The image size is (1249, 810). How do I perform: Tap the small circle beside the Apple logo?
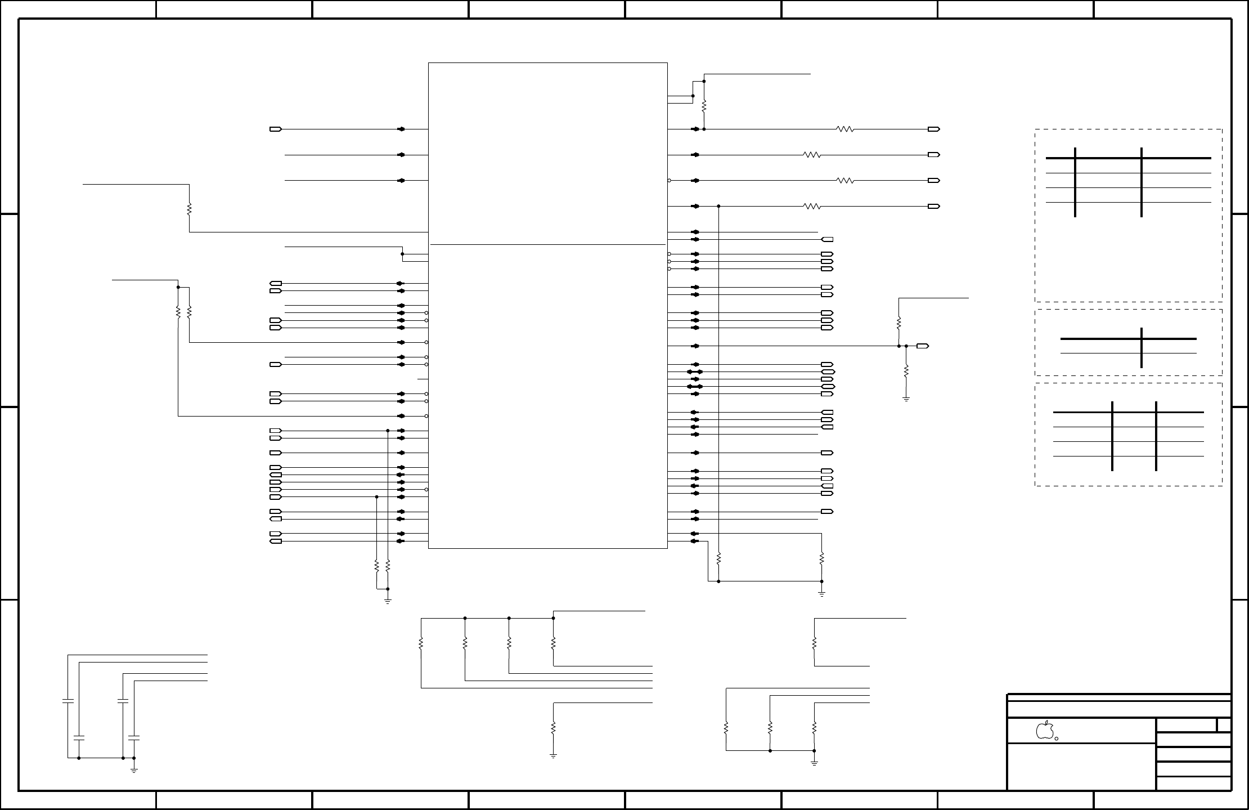point(1057,739)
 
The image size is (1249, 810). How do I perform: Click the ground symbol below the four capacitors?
point(134,769)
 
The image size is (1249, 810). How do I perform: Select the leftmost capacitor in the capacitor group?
point(68,701)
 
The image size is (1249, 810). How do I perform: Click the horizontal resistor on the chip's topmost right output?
point(846,129)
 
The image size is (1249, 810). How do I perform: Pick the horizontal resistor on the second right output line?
point(812,155)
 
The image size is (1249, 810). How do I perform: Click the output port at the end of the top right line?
point(933,129)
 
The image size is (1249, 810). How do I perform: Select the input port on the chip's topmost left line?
point(276,129)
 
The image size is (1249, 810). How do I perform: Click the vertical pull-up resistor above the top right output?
point(704,105)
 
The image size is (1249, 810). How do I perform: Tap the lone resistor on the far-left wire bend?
point(189,209)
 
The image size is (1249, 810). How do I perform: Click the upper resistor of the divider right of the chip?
point(899,324)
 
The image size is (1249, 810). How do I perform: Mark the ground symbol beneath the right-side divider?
point(906,400)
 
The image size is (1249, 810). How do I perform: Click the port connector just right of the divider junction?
point(922,346)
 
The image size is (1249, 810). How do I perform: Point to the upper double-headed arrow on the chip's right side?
point(695,372)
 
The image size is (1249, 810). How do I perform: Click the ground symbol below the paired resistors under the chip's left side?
point(388,601)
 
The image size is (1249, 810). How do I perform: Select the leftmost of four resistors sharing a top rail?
point(421,643)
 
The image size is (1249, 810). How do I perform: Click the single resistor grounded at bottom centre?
point(553,727)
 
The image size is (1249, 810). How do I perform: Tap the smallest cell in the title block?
point(1224,724)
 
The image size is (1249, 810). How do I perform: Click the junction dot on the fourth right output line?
point(719,207)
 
